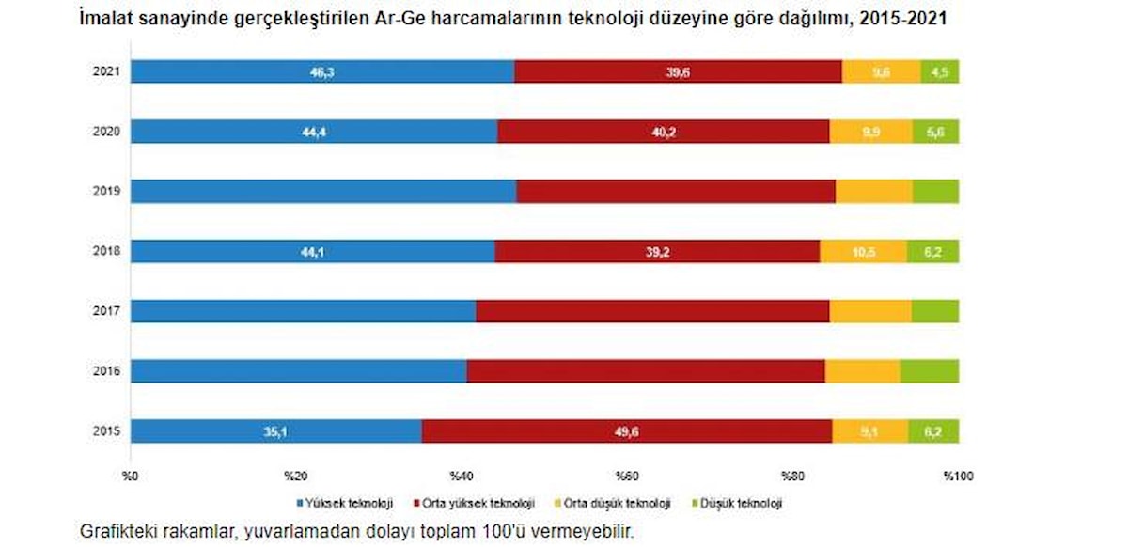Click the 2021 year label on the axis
click(x=105, y=71)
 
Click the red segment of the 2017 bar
click(x=652, y=311)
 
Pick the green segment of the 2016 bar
click(x=929, y=371)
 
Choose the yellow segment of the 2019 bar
click(x=873, y=192)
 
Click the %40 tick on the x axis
click(x=461, y=474)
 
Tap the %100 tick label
click(x=957, y=474)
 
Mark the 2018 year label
click(x=105, y=252)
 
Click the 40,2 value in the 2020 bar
click(x=664, y=132)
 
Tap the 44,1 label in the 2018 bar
click(x=312, y=252)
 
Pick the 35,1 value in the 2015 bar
click(x=275, y=431)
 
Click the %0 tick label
click(x=131, y=474)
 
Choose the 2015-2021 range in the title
click(x=903, y=19)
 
